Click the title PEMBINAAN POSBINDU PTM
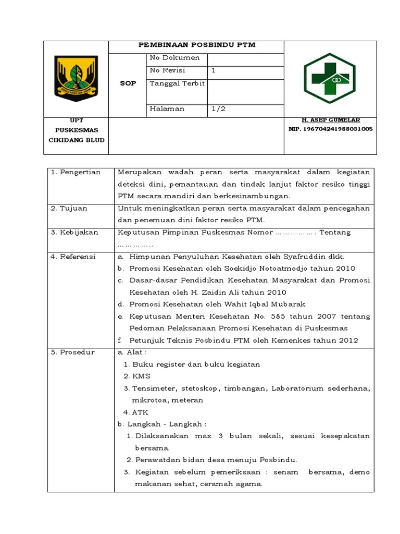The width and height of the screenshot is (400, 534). click(196, 45)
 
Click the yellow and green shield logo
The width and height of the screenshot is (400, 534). click(76, 79)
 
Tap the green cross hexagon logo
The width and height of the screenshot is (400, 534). click(330, 78)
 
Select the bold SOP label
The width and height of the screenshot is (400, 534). click(128, 83)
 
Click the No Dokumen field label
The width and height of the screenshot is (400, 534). click(174, 57)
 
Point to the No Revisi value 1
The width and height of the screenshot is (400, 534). click(214, 70)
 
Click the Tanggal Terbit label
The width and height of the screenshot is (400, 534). click(177, 83)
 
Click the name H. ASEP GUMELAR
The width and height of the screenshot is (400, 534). click(330, 120)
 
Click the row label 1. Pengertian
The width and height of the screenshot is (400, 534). click(76, 172)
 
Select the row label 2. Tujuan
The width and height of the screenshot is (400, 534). click(69, 208)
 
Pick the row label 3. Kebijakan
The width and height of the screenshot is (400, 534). click(74, 232)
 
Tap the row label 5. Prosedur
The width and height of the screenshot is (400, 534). click(73, 352)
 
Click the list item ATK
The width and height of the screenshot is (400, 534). click(140, 412)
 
